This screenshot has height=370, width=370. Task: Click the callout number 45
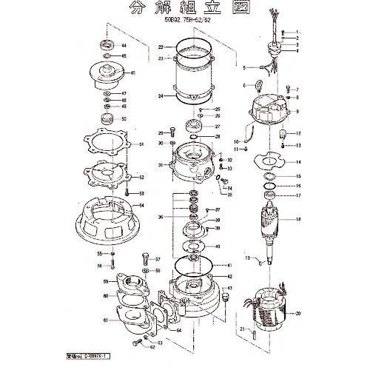132,73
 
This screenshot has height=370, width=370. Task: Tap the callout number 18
298,220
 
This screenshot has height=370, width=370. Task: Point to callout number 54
141,205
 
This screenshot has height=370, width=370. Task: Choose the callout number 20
298,314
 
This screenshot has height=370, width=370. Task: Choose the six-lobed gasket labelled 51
111,145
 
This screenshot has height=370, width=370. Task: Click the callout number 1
297,32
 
